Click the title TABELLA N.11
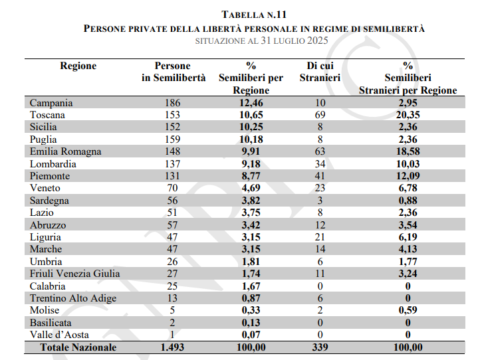pos(253,14)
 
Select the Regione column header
pos(78,66)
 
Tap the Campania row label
pos(51,103)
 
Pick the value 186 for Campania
pos(172,103)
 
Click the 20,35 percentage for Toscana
pos(408,115)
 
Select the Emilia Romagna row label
pos(66,151)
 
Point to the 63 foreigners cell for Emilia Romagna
pos(320,151)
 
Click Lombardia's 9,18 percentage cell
pos(251,164)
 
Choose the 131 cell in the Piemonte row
pos(172,176)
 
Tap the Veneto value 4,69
pos(251,188)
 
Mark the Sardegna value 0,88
pos(408,201)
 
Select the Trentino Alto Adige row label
pos(73,298)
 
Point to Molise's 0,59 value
pos(408,310)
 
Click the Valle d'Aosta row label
pos(59,335)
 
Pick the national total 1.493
pos(172,347)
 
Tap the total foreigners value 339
pos(320,347)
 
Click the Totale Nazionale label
pos(78,347)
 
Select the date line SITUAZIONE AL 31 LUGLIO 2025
pos(253,41)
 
